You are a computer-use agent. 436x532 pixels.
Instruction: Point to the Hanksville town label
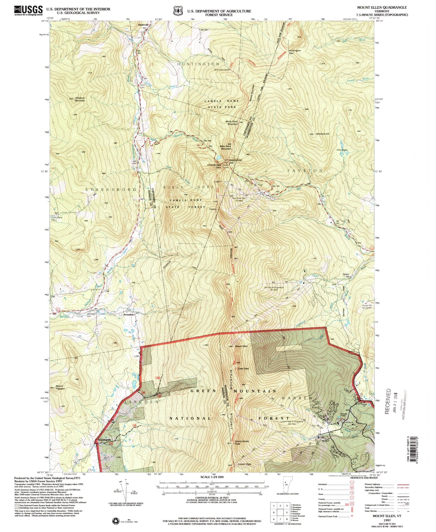(143, 25)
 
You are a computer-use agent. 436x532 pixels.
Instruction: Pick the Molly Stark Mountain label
(232, 122)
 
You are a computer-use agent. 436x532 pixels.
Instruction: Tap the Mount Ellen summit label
(241, 346)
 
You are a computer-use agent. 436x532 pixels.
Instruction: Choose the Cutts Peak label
(243, 368)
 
